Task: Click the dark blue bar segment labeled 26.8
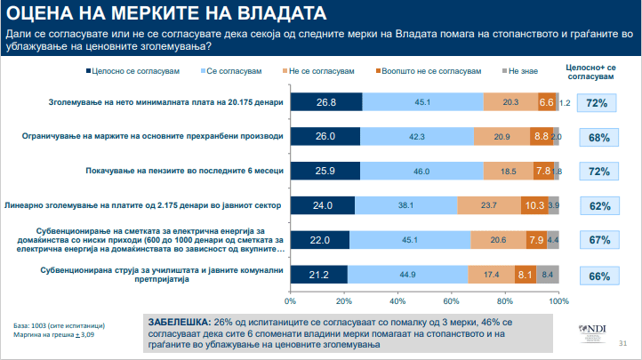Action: click(x=325, y=102)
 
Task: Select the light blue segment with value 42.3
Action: click(x=417, y=136)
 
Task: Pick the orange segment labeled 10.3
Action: click(x=534, y=204)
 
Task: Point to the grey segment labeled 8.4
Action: click(x=548, y=275)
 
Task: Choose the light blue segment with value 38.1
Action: click(x=405, y=204)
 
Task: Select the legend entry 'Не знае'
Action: click(x=525, y=69)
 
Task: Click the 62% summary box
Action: click(x=598, y=205)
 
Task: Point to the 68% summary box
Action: click(x=598, y=137)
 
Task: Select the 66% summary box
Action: click(x=598, y=276)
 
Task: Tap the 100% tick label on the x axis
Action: click(x=558, y=300)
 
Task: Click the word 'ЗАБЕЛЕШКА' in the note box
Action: click(x=178, y=320)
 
